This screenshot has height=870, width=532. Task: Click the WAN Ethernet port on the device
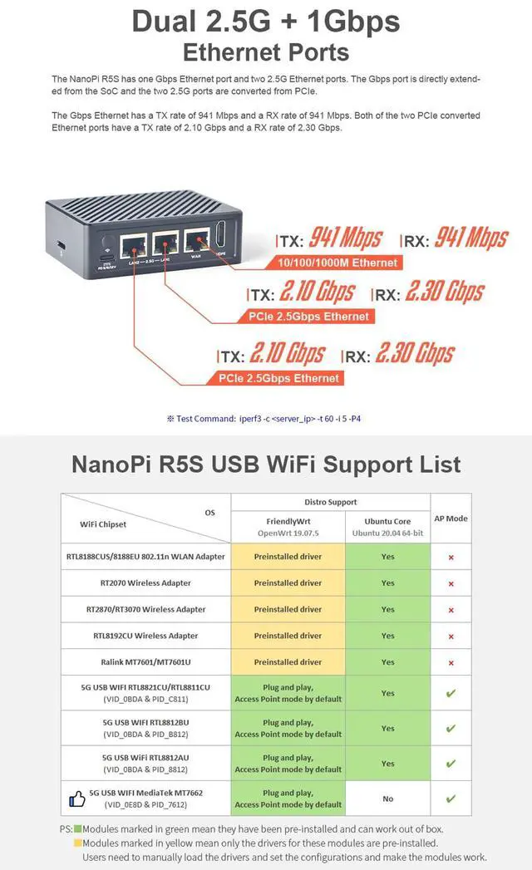coord(197,242)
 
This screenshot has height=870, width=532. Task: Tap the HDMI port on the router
coord(220,238)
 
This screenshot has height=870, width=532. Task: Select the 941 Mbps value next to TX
coord(345,238)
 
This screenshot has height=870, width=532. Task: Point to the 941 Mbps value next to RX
coord(470,238)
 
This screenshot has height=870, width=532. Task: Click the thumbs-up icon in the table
coord(76,799)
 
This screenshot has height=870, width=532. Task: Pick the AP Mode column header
coord(451,519)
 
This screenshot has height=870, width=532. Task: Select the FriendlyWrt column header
coord(288,526)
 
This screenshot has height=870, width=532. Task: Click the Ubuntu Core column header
coord(387,526)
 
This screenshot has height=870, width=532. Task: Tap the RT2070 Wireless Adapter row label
coord(145,583)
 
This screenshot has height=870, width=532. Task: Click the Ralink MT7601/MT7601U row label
coord(145,662)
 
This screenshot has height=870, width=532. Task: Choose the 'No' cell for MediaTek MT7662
coord(387,799)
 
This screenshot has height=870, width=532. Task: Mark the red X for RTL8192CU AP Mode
coord(451,637)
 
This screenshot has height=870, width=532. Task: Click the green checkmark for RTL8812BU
coord(451,729)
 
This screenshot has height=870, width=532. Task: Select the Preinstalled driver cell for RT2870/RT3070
coord(288,610)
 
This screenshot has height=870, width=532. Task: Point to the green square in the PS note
coord(78,829)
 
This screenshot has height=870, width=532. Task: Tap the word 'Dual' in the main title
coord(171,22)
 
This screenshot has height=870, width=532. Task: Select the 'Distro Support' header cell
coord(330,502)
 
